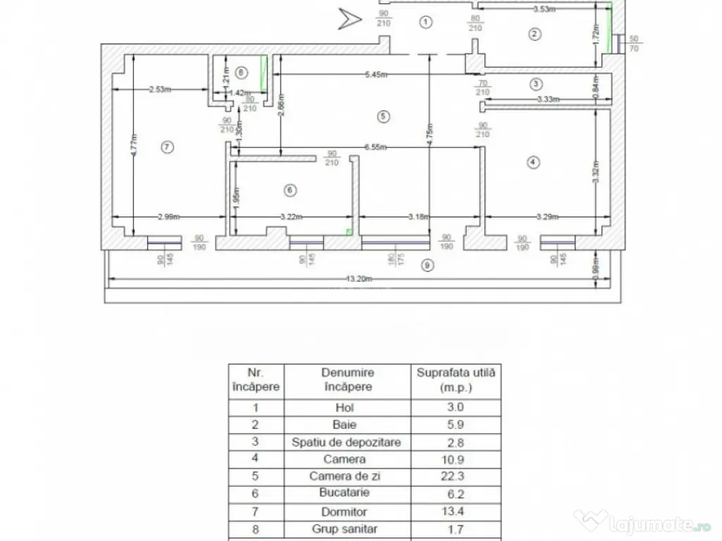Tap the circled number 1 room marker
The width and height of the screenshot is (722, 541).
(425, 22)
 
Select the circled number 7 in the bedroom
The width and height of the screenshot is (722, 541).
(166, 147)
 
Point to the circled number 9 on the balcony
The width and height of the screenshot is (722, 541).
(425, 266)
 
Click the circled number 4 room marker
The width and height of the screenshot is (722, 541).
(532, 163)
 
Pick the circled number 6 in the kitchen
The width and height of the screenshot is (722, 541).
(288, 189)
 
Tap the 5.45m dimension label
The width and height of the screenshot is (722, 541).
(379, 75)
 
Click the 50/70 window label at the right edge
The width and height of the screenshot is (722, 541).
(632, 44)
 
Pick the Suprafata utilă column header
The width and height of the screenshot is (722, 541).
(455, 380)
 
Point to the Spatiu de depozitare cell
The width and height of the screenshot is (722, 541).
(348, 442)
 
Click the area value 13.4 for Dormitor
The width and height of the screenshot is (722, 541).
(455, 512)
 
